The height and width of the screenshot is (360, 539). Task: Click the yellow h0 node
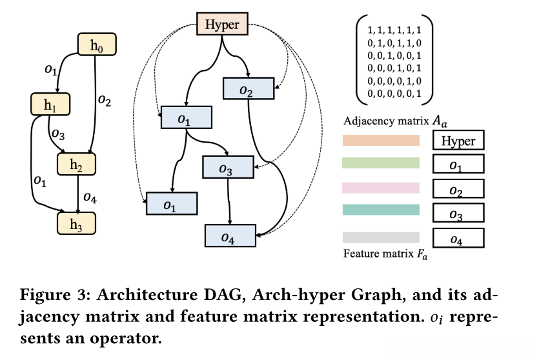[x=96, y=45]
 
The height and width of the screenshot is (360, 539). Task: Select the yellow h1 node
[x=50, y=105]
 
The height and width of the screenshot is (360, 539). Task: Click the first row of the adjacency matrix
[x=394, y=30]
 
